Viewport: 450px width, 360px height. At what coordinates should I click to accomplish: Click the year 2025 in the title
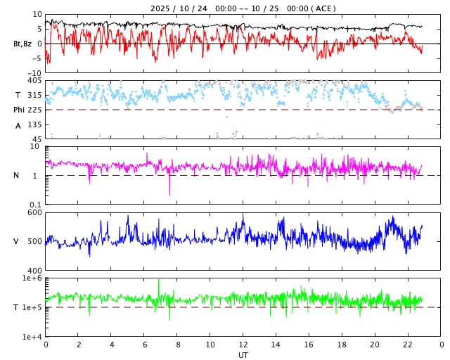[160, 8]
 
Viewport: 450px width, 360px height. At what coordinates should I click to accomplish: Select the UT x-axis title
[243, 355]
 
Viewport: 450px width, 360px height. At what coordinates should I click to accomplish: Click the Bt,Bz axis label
[22, 44]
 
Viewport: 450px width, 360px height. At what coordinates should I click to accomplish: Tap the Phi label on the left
[19, 110]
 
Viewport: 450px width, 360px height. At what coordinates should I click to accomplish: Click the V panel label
[16, 242]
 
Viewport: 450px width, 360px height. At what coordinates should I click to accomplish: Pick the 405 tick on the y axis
[34, 81]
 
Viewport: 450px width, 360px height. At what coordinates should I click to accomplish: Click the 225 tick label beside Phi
[34, 110]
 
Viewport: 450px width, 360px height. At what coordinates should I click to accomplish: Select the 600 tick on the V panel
[34, 213]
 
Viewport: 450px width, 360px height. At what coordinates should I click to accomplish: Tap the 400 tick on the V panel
[34, 271]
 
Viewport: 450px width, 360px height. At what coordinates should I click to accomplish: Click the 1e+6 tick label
[32, 278]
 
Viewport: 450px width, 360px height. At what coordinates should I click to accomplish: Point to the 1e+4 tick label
[32, 337]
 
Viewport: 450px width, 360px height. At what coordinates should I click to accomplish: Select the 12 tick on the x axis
[243, 345]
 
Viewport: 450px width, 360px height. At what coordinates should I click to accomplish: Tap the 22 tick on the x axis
[408, 345]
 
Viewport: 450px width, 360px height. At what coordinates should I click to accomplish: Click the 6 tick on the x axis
[145, 345]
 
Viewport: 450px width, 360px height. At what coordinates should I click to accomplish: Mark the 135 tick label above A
[34, 124]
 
